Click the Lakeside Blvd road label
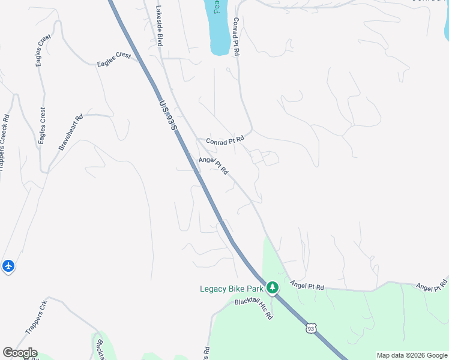(x=160, y=26)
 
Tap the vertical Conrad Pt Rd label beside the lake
(x=236, y=37)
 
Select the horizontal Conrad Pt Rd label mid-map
(x=225, y=140)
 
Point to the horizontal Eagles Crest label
(x=114, y=59)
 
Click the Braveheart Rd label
(x=70, y=132)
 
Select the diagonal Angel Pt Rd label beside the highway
(x=214, y=165)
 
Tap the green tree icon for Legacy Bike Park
(x=273, y=288)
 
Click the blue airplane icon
(x=8, y=265)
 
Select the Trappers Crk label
(x=36, y=317)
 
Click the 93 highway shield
(x=310, y=328)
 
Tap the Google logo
(x=20, y=353)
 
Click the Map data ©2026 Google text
(x=412, y=355)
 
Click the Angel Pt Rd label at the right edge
(x=432, y=286)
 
